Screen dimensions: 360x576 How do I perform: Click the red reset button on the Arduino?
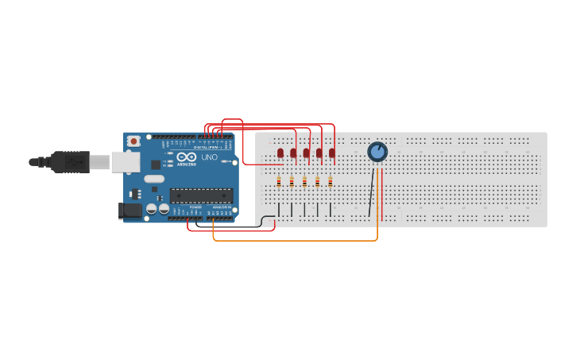(133, 141)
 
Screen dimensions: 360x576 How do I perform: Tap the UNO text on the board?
(209, 157)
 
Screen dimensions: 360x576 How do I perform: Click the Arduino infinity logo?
(187, 156)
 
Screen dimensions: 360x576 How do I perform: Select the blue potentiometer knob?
(377, 151)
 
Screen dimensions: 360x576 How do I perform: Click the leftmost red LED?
(280, 153)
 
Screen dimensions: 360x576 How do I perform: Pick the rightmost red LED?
(332, 153)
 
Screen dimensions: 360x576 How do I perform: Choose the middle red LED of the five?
(306, 153)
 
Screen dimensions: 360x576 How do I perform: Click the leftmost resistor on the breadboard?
(279, 181)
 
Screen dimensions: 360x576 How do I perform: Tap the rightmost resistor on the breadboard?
(331, 181)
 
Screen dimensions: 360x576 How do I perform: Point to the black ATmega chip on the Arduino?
(201, 195)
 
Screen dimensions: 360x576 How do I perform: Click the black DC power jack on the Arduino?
(130, 211)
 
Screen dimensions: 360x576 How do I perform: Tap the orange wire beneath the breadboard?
(294, 240)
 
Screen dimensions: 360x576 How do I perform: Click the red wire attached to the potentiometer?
(382, 195)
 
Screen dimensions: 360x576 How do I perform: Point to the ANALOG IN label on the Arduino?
(221, 207)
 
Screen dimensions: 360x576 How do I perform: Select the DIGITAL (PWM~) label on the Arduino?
(208, 147)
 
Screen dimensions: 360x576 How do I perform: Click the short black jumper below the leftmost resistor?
(279, 209)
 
